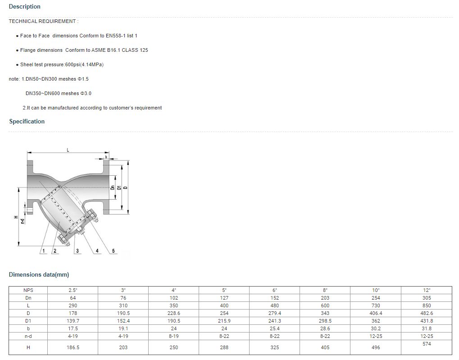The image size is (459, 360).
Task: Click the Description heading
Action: tap(25, 6)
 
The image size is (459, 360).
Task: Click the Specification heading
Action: tap(27, 121)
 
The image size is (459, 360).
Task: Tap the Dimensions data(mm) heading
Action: tap(39, 274)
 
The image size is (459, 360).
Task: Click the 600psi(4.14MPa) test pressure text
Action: tap(84, 64)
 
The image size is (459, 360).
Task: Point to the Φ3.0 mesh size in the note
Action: tap(86, 93)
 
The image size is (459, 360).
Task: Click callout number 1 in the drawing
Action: tap(44, 251)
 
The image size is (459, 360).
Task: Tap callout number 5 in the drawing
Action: tap(114, 251)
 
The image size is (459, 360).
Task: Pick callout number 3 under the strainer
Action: tap(77, 251)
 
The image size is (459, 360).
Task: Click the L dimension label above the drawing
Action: tap(68, 150)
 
